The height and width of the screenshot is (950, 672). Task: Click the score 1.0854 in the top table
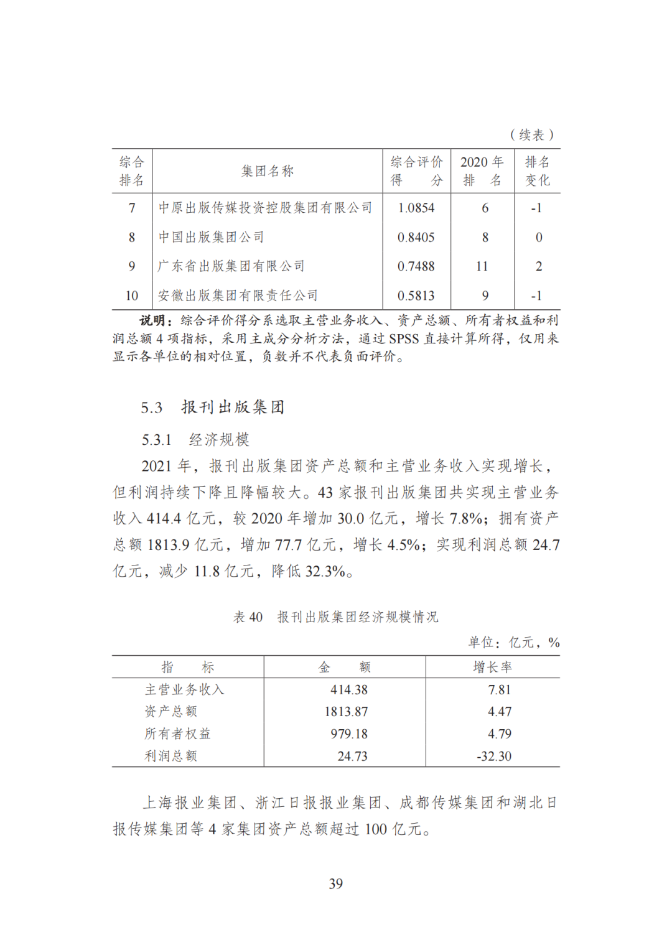(416, 208)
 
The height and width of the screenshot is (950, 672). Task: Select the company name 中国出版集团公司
(212, 237)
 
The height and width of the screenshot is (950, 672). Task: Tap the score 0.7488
(416, 266)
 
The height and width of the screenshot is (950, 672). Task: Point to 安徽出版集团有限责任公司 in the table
(238, 296)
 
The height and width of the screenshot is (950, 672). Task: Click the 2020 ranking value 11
(482, 266)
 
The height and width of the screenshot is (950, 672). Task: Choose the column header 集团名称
(268, 171)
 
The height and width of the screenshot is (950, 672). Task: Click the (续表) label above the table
(532, 135)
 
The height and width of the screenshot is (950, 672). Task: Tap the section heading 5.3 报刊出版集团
(213, 407)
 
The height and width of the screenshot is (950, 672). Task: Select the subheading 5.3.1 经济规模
(195, 440)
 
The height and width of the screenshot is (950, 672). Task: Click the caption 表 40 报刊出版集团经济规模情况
(336, 617)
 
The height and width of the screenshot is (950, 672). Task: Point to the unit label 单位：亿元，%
(514, 643)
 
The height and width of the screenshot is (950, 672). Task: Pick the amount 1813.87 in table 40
(346, 712)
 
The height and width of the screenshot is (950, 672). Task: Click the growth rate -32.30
(494, 756)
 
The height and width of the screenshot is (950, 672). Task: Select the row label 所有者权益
(178, 734)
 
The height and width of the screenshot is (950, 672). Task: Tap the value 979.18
(349, 734)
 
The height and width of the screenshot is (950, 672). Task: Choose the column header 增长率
(493, 668)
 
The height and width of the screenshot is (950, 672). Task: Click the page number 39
(336, 883)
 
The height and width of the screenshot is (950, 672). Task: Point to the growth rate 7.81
(499, 690)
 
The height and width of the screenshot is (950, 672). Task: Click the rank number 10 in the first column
(132, 296)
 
